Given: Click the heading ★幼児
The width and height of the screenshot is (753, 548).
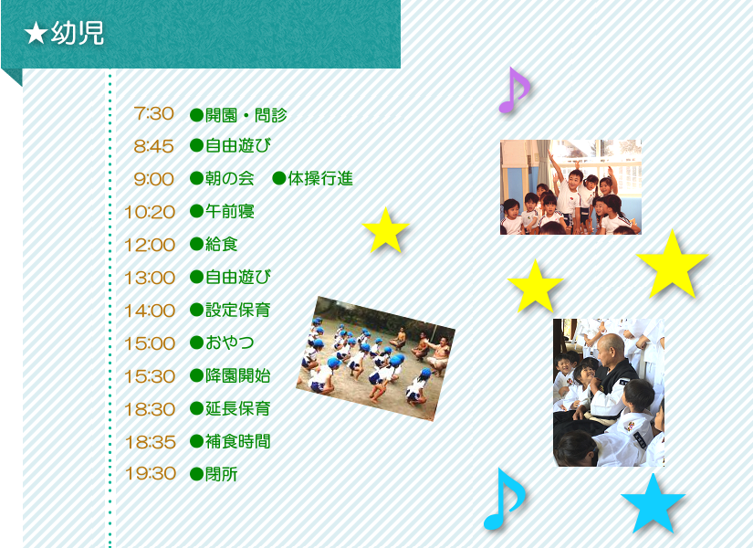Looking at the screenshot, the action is pos(64,34).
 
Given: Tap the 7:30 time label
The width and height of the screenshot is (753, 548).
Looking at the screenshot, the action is pos(153,114).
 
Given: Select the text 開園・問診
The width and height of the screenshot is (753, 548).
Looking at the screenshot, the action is pos(246,115).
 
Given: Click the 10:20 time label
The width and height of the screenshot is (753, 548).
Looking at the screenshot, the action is pos(150,212).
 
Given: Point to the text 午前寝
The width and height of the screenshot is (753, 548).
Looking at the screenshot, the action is pos(229,212).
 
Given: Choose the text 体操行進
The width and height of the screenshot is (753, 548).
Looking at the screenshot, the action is pos(320,179).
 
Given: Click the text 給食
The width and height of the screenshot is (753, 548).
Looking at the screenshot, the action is pos(222,245).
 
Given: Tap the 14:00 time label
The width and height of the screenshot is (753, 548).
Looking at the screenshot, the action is pos(150,311).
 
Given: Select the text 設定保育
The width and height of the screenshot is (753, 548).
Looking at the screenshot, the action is pos(237,310).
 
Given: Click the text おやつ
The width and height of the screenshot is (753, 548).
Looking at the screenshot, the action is pos(229,342).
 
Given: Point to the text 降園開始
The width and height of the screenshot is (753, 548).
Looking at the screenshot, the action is pos(237,376).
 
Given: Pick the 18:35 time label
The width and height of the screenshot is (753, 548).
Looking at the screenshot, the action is pos(151,442).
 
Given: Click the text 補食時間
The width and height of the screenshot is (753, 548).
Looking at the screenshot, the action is pos(237,441).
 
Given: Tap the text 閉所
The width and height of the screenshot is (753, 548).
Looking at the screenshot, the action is pos(222,474).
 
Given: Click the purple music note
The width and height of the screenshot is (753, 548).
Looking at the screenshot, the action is pos(514,90).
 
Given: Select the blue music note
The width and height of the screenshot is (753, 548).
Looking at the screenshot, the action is pos(504,500).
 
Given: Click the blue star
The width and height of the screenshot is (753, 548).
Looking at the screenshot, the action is pos(653,503).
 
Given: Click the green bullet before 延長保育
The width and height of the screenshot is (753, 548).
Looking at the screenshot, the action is pos(196,409).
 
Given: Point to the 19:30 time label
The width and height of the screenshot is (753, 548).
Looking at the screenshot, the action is pos(151,473).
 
